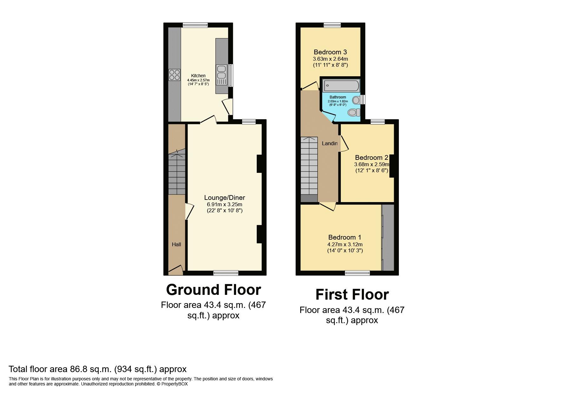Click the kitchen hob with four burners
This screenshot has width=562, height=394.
[174, 75]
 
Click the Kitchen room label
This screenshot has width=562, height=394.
[198, 76]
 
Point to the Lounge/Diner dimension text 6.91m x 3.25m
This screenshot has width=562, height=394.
[224, 204]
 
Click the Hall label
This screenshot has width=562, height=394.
[176, 244]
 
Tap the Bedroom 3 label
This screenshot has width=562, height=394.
[330, 52]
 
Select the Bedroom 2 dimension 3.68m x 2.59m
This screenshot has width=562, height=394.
[371, 165]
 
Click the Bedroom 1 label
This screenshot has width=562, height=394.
[345, 237]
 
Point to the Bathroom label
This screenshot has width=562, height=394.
[338, 97]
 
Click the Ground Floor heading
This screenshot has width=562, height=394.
[213, 290]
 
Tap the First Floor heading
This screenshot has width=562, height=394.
[352, 295]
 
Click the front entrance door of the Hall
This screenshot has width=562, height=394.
[175, 270]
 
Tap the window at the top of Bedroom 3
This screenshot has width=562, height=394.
[332, 25]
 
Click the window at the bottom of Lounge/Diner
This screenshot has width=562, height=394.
[226, 273]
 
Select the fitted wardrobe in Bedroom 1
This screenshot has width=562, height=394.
[388, 238]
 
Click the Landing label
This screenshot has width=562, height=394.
[329, 144]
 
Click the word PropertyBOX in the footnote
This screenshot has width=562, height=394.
[175, 384]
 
